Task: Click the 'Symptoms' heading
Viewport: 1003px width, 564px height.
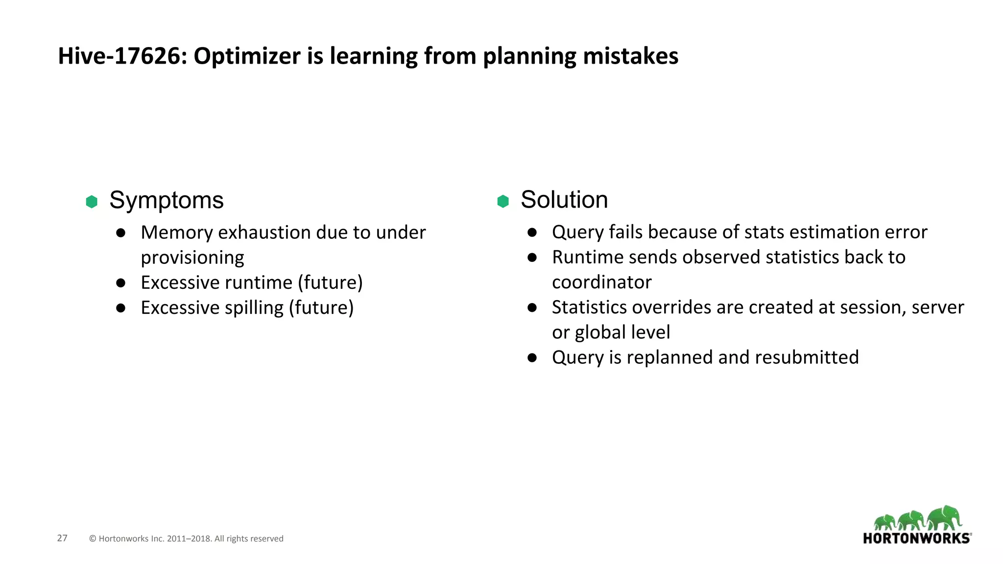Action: pos(167,200)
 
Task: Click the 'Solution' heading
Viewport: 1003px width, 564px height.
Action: pos(564,200)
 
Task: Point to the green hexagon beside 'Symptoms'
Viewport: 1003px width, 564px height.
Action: pos(92,201)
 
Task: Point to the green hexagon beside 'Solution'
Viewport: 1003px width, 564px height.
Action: pos(503,201)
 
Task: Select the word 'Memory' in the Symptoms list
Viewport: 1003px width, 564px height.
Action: pos(176,233)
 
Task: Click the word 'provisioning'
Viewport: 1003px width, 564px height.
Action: pos(192,258)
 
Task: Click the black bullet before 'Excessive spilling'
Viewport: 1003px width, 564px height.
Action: pos(121,308)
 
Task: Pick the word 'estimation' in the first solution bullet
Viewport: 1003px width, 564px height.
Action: pos(838,232)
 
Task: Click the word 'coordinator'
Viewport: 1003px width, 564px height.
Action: pos(602,282)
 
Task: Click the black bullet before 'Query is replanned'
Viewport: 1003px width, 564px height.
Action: pos(532,358)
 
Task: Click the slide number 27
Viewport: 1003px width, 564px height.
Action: pos(62,538)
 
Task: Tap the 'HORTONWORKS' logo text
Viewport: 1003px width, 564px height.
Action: pos(916,539)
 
